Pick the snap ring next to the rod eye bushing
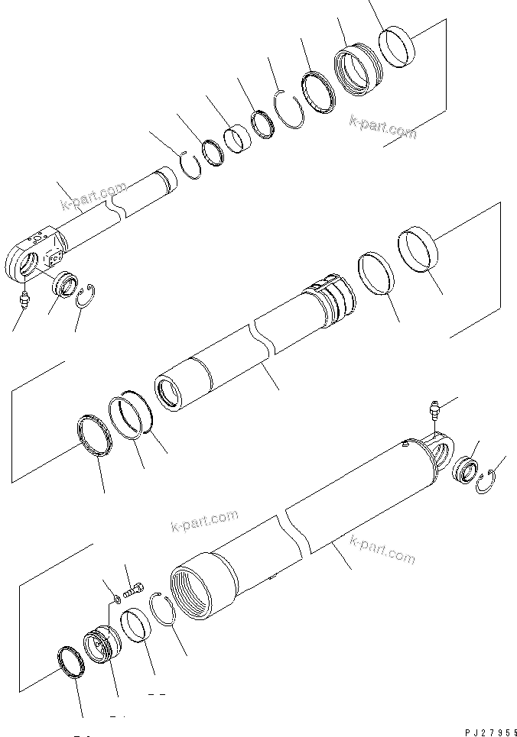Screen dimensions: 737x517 click(x=91, y=293)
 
